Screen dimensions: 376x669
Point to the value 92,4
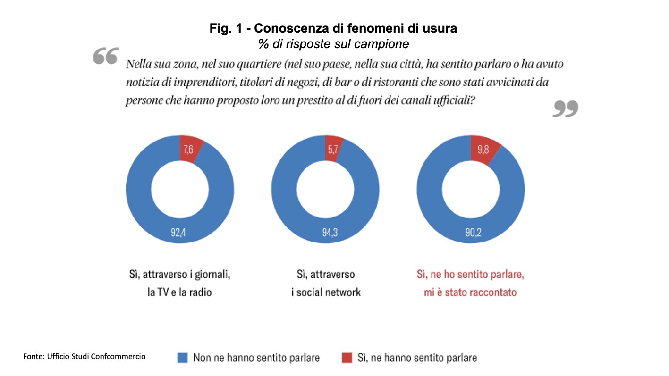point(180,232)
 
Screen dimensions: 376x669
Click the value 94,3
point(325,232)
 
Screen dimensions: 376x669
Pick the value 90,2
point(471,232)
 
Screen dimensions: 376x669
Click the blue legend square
point(182,358)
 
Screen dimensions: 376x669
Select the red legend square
point(347,358)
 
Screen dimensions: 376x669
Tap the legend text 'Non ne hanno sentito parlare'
point(256,358)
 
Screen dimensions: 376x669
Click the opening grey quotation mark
point(105,56)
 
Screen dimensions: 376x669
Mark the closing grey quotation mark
point(565,109)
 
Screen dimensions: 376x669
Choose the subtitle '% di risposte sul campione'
point(333,43)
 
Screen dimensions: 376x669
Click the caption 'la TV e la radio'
point(180,292)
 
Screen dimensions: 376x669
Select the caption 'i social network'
point(326,292)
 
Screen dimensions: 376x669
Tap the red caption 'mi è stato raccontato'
point(471,292)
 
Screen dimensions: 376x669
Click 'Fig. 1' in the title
point(225,29)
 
